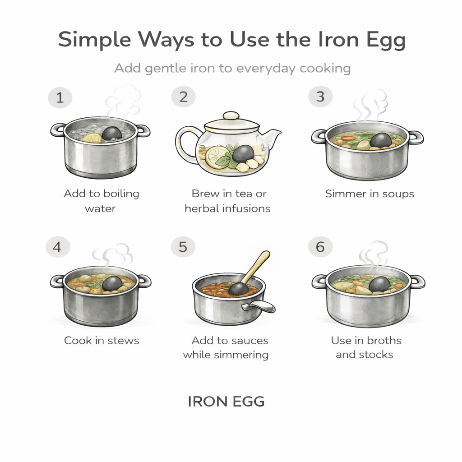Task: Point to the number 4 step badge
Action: tap(57, 248)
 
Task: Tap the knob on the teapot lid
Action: tap(231, 115)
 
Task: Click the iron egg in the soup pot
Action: tap(380, 140)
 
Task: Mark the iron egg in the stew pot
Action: tap(111, 283)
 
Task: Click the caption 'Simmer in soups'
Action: tap(369, 194)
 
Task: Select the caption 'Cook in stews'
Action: tap(102, 340)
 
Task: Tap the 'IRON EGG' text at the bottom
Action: tap(226, 401)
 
